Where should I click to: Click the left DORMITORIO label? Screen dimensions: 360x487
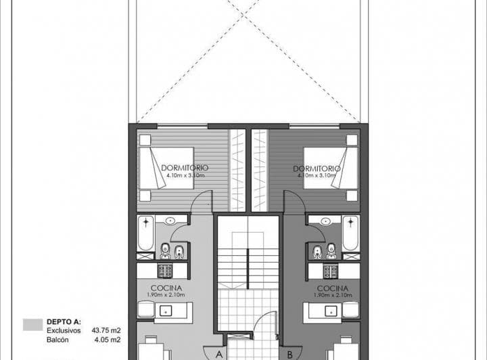coord(185,167)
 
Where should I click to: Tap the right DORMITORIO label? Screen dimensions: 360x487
coord(317,167)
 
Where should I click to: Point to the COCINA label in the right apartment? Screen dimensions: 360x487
coord(330,288)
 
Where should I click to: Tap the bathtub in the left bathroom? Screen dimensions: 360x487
coord(145,233)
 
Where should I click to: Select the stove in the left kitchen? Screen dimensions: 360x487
coord(165,271)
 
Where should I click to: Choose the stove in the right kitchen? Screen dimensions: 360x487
coord(330,271)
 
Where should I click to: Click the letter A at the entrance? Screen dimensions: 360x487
coord(219,353)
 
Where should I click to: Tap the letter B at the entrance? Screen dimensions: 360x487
coord(289,353)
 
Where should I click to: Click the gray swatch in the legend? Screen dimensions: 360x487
coord(32,325)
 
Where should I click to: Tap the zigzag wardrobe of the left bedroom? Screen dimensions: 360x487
coord(237,169)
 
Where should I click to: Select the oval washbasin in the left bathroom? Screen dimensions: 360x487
coord(169,221)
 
